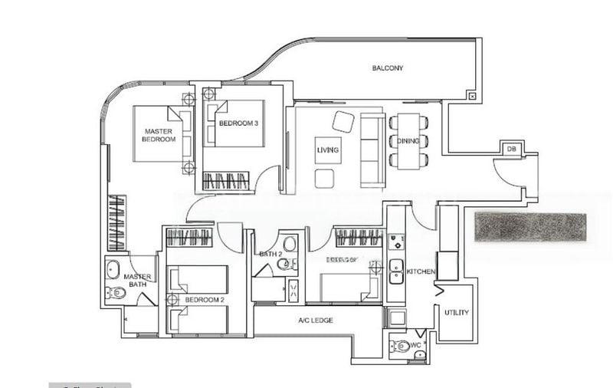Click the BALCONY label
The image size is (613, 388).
388,68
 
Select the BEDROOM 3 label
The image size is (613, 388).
233,123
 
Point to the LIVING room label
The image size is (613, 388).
328,150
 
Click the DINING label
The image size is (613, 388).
407,140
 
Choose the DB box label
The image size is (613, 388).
511,149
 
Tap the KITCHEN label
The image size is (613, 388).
421,272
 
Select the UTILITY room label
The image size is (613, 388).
456,313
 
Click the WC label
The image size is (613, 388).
416,346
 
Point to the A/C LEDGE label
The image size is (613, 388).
315,320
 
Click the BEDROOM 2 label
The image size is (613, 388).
205,300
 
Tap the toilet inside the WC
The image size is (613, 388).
399,347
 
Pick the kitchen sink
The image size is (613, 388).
395,268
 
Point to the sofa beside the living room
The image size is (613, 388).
373,149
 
